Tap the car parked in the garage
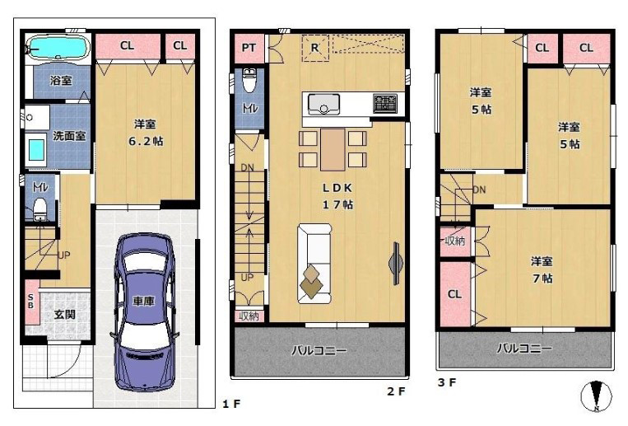coord(144,311)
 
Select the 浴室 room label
coord(60,82)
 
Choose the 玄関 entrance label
coord(65,314)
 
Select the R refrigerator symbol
coord(315,49)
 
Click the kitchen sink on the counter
coord(324,105)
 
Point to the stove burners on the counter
coord(384,104)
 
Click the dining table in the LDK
coord(333,149)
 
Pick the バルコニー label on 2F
coord(319,350)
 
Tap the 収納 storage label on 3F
coord(455,241)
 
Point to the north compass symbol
coord(598,397)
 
